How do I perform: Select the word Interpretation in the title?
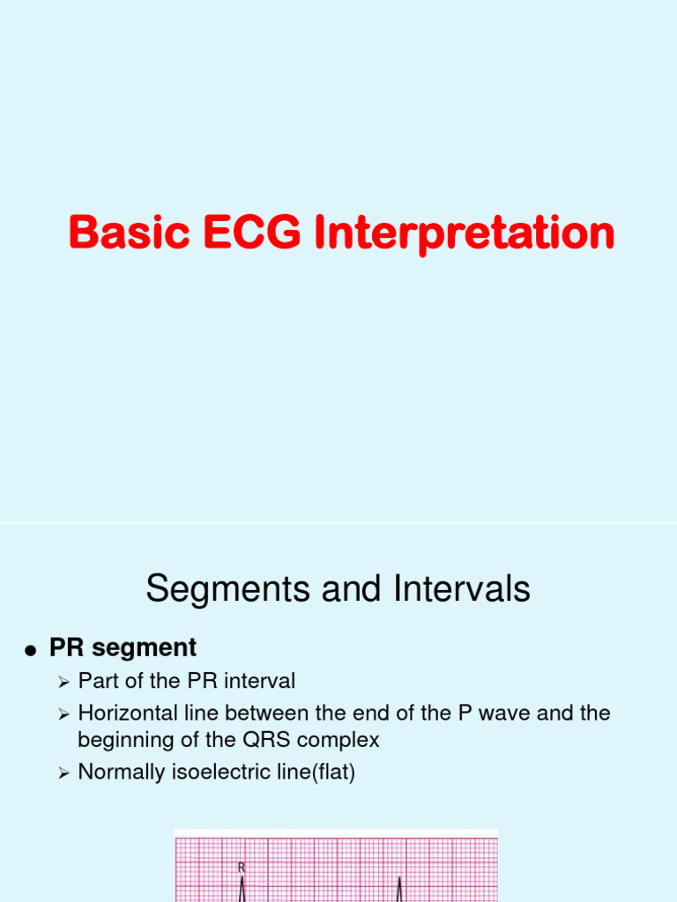[x=458, y=234]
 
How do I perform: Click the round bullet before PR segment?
[x=31, y=651]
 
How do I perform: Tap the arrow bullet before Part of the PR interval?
[x=63, y=682]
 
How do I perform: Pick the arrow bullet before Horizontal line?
[x=63, y=713]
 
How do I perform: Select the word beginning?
[x=123, y=741]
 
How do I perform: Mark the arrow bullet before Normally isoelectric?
[x=63, y=773]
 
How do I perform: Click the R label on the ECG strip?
[x=242, y=868]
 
